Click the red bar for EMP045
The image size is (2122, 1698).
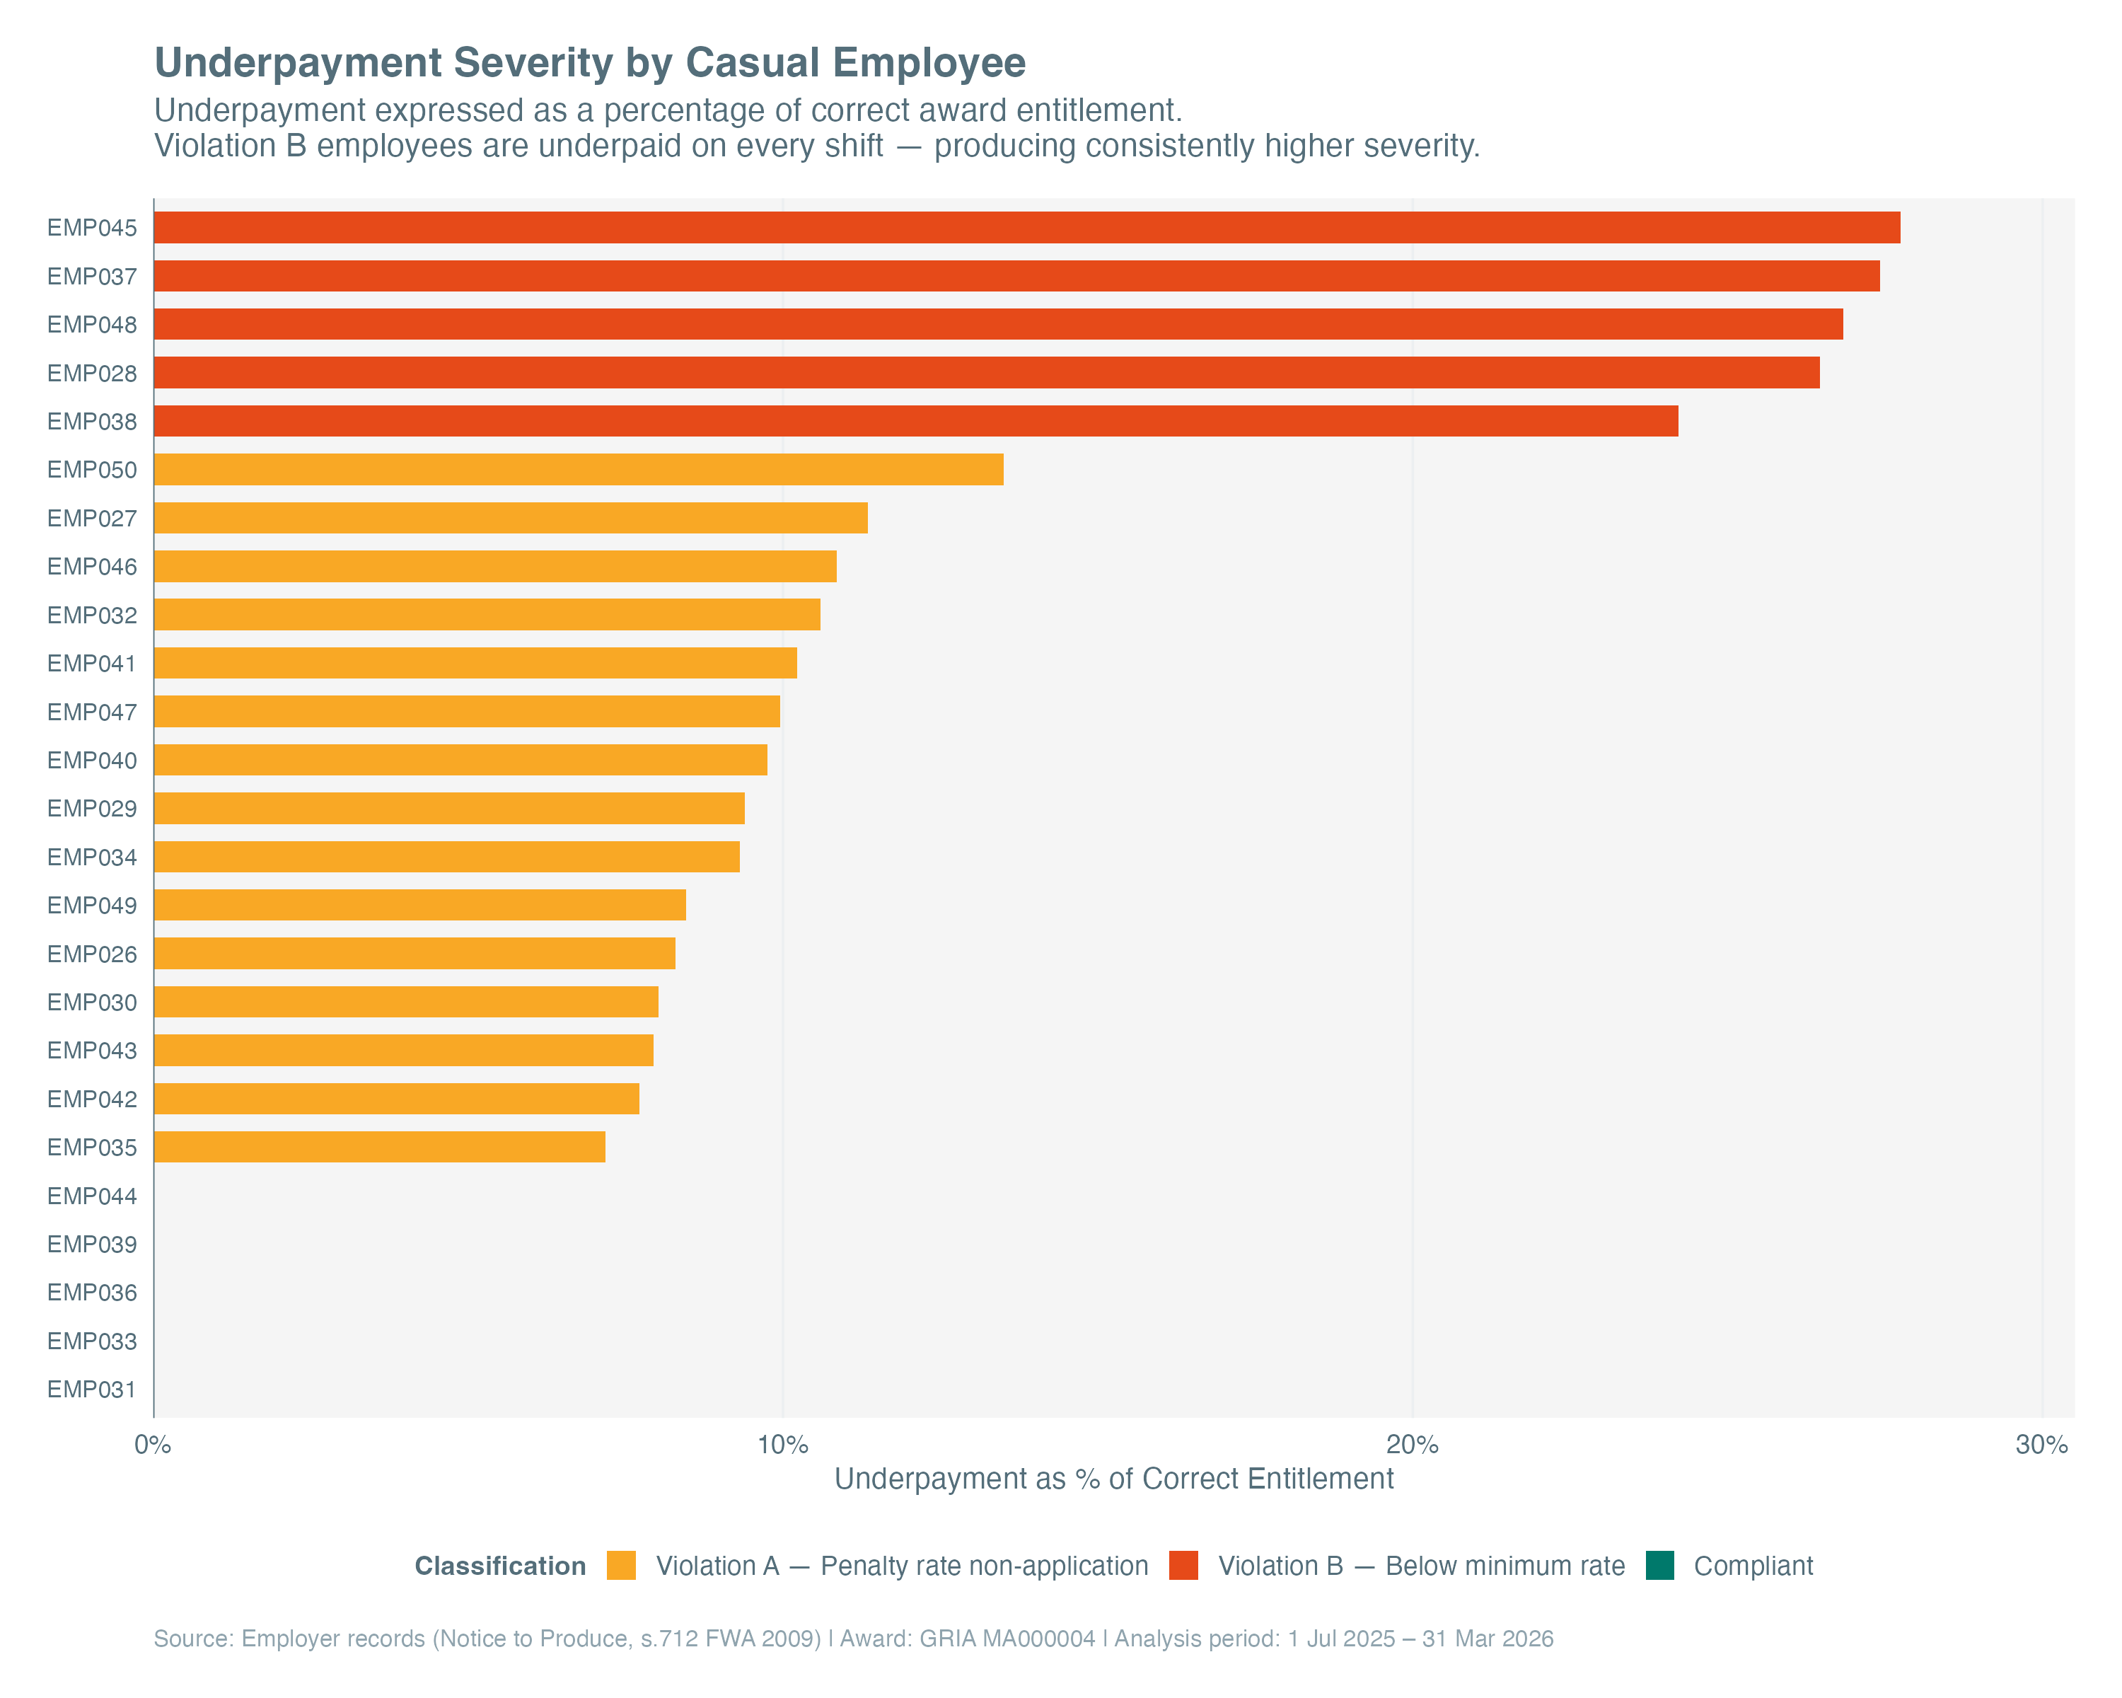coord(1026,227)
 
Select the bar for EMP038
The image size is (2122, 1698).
coord(915,421)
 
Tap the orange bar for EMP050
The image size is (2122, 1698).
coord(579,470)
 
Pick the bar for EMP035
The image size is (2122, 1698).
coord(379,1147)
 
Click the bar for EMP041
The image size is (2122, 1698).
coord(475,662)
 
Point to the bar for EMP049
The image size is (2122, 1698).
coord(419,905)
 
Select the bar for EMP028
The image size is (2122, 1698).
coord(986,373)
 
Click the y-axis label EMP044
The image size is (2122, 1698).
coord(91,1196)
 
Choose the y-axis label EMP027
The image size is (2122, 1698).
coord(91,518)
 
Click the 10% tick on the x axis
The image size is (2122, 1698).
coord(782,1445)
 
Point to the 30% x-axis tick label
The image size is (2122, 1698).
coord(2041,1445)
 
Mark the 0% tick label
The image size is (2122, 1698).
coord(153,1445)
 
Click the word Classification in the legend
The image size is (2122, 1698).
coord(500,1566)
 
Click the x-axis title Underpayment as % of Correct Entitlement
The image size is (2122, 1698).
coord(1113,1479)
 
